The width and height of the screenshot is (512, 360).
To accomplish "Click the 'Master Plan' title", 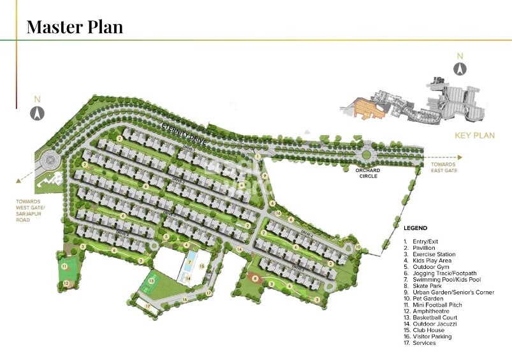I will (x=75, y=27).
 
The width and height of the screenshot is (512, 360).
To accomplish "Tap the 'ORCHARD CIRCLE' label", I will (x=368, y=173).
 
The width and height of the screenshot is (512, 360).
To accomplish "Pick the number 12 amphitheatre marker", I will (x=67, y=284).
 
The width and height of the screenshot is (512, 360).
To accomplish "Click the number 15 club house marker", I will (x=201, y=265).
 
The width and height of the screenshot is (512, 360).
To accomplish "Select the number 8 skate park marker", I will (x=256, y=278).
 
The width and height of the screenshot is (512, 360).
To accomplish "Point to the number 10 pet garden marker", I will (x=358, y=247).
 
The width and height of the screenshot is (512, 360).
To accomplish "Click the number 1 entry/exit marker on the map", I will (x=257, y=156).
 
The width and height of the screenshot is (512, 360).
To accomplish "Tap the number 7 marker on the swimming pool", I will (x=189, y=254).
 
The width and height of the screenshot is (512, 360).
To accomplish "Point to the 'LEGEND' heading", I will (x=416, y=228).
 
